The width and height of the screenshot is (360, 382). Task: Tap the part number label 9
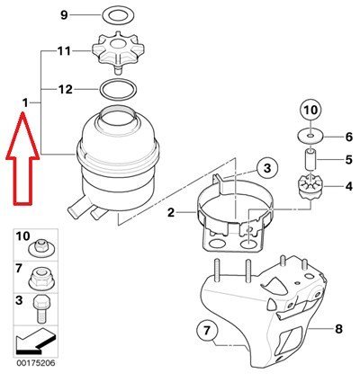(x=64, y=14)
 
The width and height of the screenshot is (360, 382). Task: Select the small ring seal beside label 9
(x=118, y=15)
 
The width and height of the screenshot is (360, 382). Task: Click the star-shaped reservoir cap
(x=118, y=51)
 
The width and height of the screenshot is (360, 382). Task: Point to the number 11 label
(x=64, y=51)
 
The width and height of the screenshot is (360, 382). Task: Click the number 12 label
(x=65, y=89)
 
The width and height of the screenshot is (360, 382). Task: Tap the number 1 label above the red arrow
(x=25, y=103)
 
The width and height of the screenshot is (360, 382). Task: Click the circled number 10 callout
(x=310, y=111)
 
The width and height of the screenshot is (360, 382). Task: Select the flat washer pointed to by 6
(x=310, y=137)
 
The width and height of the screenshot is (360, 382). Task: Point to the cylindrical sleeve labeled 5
(x=310, y=159)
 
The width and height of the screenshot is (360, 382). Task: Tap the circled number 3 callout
(x=267, y=168)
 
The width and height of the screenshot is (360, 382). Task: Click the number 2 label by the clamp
(x=171, y=213)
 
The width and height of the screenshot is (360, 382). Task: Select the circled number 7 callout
(x=207, y=331)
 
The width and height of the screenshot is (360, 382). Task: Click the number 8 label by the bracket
(x=338, y=329)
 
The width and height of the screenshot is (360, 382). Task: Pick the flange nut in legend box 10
(x=40, y=248)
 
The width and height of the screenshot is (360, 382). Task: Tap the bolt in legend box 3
(x=40, y=308)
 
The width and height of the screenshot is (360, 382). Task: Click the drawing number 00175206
(x=36, y=363)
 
